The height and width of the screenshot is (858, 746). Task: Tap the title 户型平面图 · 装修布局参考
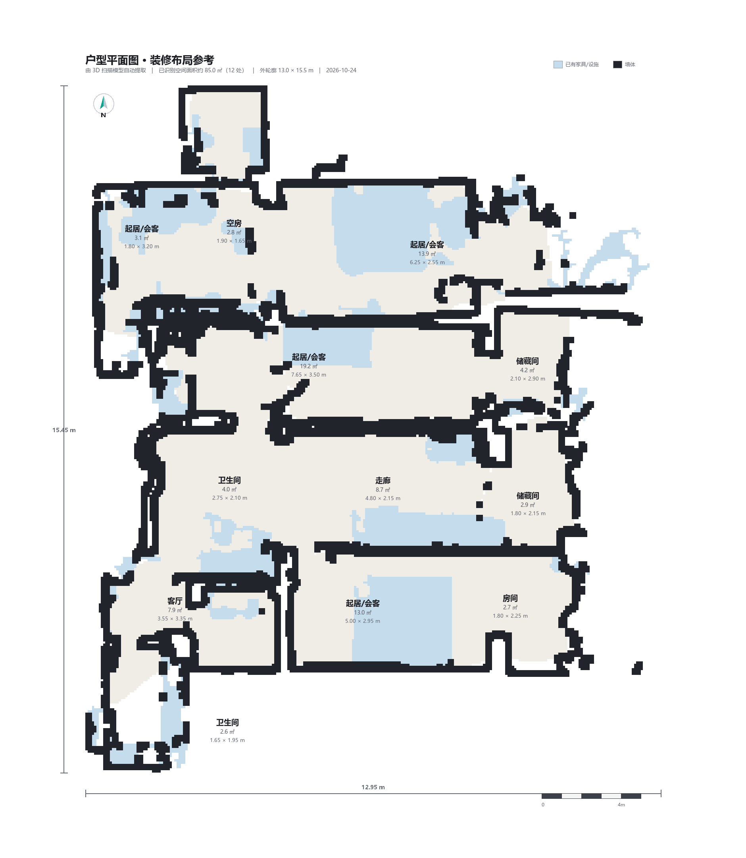[150, 60]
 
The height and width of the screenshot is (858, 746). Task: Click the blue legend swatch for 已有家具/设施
[558, 65]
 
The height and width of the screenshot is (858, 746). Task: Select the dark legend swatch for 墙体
[617, 65]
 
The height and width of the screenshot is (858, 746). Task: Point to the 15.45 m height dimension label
[64, 430]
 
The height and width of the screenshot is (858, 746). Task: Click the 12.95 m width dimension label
[373, 787]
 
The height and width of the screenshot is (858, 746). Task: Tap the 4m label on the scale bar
[621, 805]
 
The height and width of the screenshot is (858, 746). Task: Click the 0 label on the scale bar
[543, 805]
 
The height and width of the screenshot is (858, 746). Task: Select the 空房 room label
[234, 223]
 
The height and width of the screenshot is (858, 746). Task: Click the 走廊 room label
[383, 481]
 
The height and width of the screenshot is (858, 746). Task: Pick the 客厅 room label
[175, 601]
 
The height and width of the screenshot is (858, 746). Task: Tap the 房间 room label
[510, 598]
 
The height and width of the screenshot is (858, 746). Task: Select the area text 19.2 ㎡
[309, 366]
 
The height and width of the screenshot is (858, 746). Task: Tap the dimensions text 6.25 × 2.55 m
[427, 262]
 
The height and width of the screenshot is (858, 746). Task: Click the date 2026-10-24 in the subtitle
[341, 70]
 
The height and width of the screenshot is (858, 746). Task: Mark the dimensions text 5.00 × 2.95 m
[363, 621]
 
